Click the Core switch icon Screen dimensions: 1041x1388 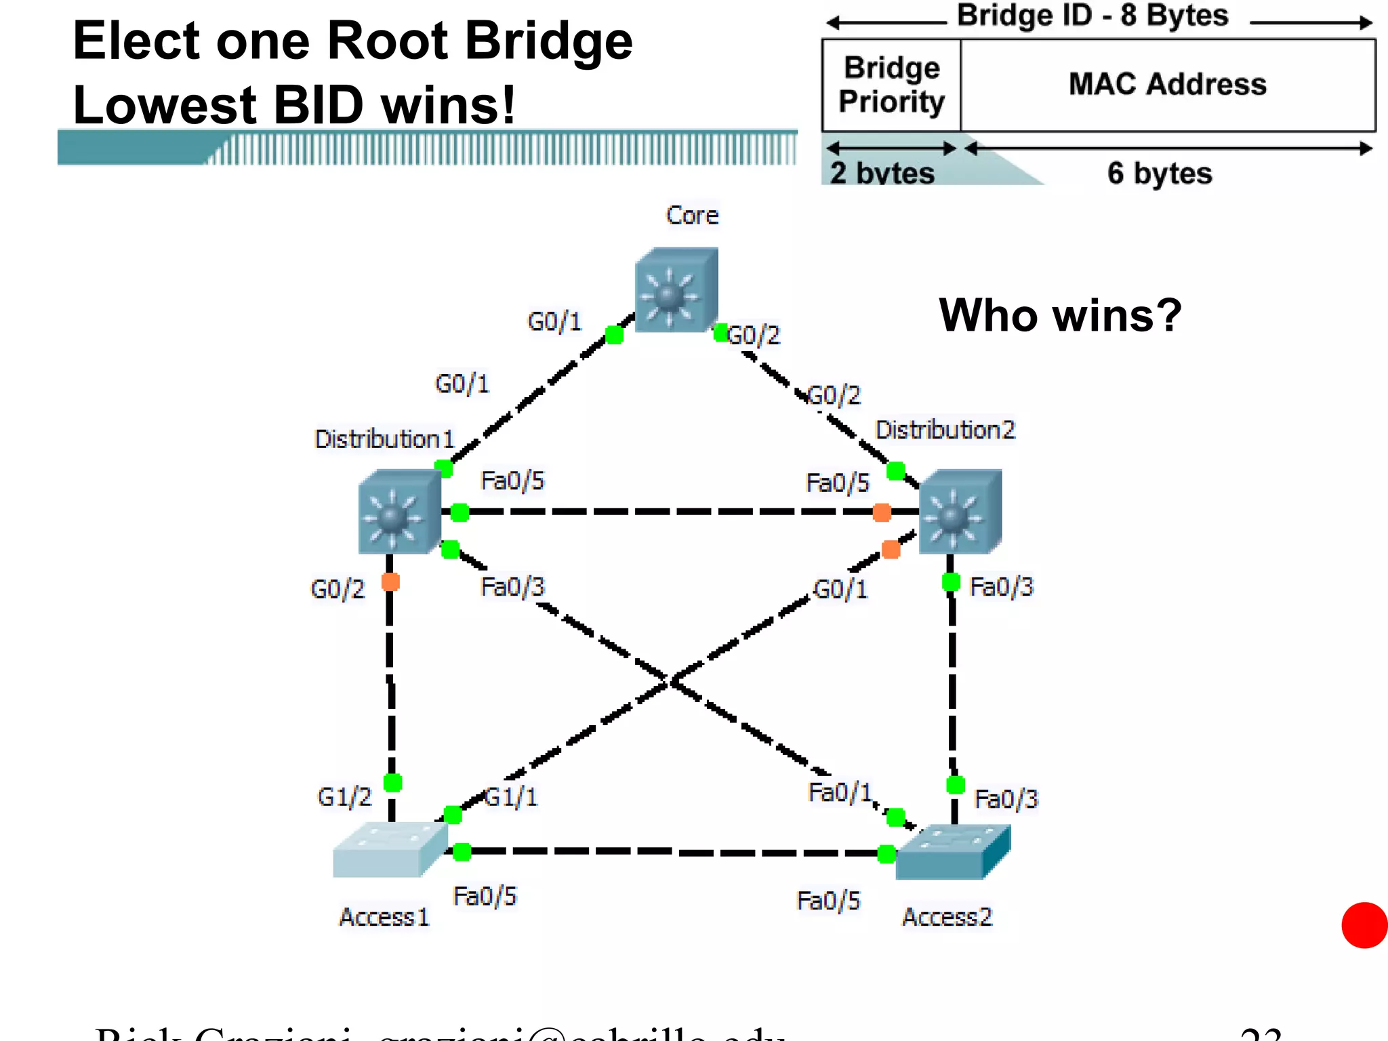click(x=676, y=291)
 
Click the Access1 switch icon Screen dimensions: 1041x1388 click(x=388, y=850)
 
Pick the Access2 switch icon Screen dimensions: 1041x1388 click(x=952, y=852)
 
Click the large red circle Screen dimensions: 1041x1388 click(x=1364, y=925)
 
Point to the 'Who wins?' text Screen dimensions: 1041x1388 click(x=1060, y=316)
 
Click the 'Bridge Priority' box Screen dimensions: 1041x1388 click(x=891, y=85)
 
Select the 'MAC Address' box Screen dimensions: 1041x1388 click(x=1167, y=85)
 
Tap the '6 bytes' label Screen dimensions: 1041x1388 click(x=1160, y=173)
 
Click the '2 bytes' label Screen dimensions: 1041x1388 click(x=882, y=173)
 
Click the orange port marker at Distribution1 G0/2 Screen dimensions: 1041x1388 click(x=390, y=581)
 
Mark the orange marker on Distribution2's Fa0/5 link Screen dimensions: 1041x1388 click(x=882, y=512)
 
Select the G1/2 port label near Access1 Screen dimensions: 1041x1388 click(x=344, y=797)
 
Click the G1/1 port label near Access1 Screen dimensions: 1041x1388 click(x=512, y=797)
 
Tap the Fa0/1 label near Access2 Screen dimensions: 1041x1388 click(x=840, y=792)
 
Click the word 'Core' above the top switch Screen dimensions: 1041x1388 click(x=692, y=216)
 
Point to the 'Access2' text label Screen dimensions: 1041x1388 click(x=947, y=917)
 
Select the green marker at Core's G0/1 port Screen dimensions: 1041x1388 click(x=614, y=335)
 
